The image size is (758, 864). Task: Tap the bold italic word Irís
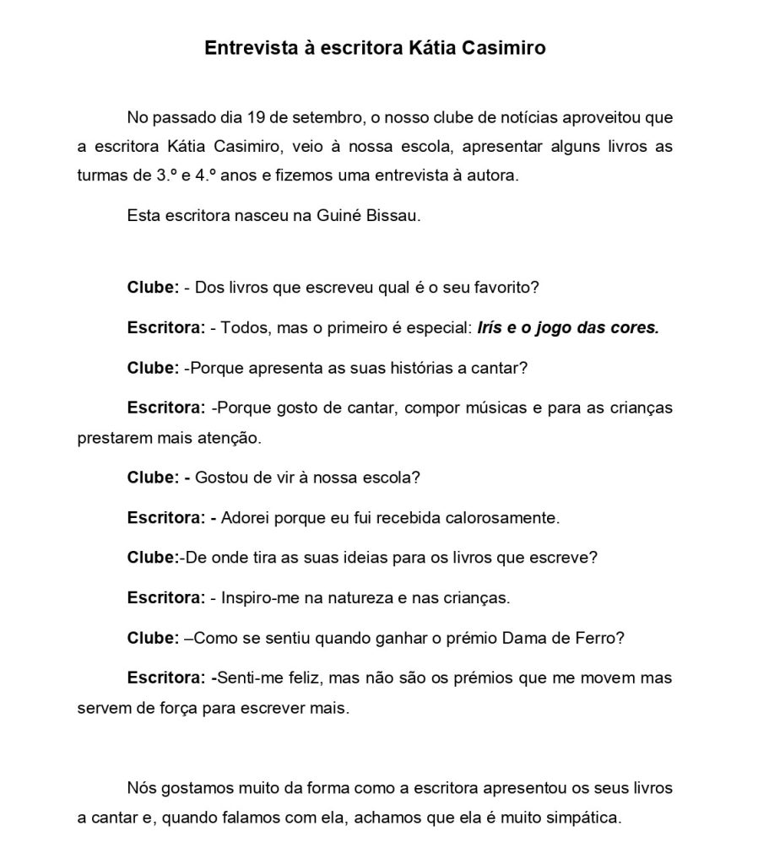click(x=492, y=327)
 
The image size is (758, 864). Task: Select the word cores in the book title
click(x=634, y=327)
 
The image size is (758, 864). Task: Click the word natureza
click(x=336, y=598)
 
